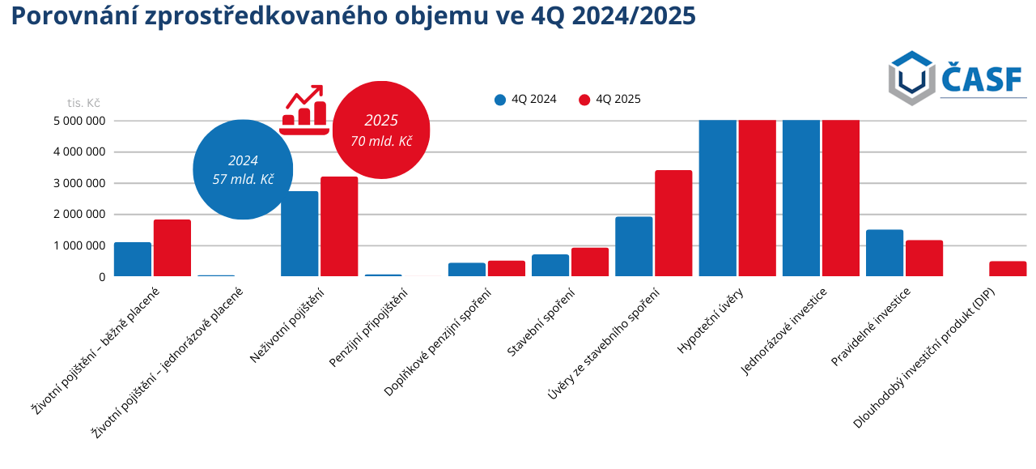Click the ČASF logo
point(956,78)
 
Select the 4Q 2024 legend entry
point(525,100)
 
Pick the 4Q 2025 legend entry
point(609,100)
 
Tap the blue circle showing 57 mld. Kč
point(243,169)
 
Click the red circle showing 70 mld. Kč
point(381,130)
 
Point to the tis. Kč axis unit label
point(83,103)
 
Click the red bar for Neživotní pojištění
point(339,227)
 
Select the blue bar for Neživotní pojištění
point(299,234)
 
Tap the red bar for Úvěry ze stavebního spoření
point(673,224)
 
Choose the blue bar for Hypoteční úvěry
point(718,198)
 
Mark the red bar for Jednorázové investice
point(841,198)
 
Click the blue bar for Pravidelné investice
point(885,254)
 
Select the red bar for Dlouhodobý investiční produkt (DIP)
point(1008,269)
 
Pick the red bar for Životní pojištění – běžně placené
point(172,249)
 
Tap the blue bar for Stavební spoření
point(550,266)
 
